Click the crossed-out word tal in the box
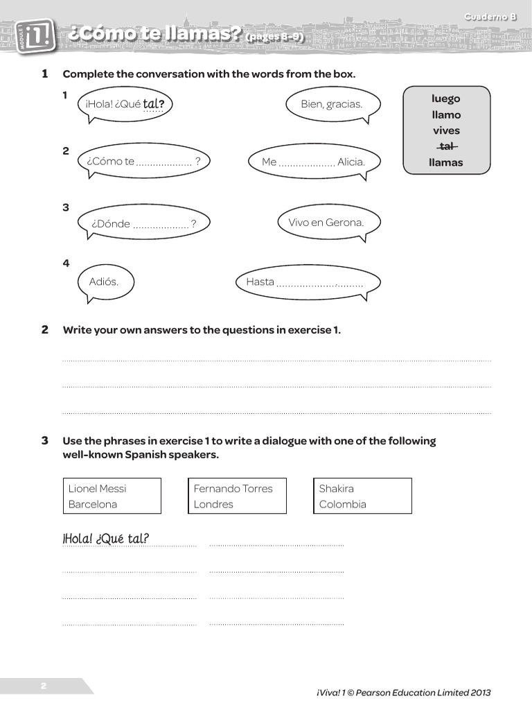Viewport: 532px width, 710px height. (446, 146)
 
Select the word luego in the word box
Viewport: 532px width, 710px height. (446, 98)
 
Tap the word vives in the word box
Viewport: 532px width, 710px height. (446, 130)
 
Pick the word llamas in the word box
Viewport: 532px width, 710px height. (446, 163)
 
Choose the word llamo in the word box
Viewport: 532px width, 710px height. (446, 114)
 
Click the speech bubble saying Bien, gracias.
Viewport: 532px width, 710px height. (331, 104)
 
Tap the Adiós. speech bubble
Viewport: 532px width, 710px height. (104, 282)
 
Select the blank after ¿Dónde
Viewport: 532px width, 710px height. (161, 225)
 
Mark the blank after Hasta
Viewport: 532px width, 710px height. (319, 284)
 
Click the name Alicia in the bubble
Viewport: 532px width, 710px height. (351, 162)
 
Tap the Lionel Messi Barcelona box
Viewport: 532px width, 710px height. (112, 496)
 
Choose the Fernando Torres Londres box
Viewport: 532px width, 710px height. (237, 496)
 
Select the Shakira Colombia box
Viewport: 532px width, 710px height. (362, 496)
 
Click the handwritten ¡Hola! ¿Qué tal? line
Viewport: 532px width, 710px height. (106, 539)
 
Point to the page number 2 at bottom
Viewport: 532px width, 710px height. (43, 686)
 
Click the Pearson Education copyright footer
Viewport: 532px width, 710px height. (403, 692)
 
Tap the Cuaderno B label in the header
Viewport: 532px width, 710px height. (490, 17)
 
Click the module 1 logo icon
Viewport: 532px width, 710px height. (40, 35)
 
